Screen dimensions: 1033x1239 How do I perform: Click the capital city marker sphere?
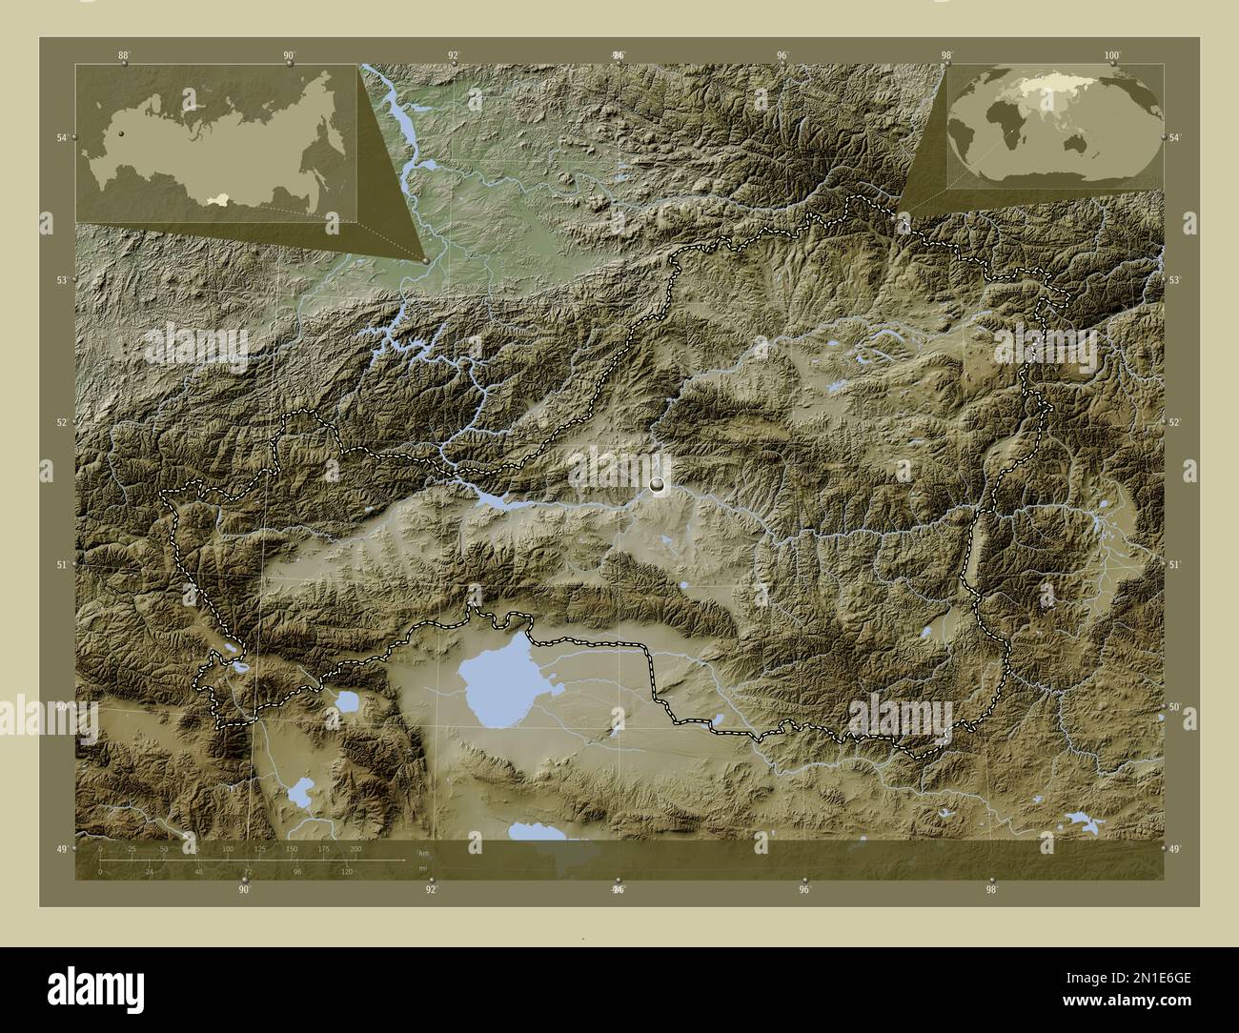657,485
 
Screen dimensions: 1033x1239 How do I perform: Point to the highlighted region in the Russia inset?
222,199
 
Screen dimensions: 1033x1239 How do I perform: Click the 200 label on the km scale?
356,848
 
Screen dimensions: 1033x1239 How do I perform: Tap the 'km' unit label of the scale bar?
423,852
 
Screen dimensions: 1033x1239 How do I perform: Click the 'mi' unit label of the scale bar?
422,868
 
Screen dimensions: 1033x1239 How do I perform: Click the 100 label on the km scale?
227,848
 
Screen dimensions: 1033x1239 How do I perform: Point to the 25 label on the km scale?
132,848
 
